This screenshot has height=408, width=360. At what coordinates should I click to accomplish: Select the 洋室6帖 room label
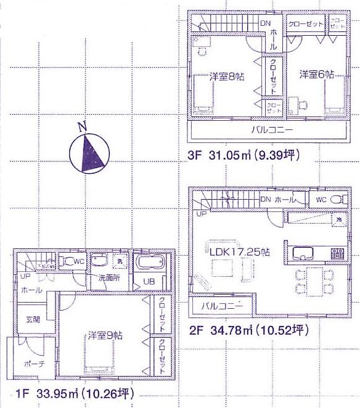(x=317, y=75)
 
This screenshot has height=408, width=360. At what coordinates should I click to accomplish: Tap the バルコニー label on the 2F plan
(x=220, y=306)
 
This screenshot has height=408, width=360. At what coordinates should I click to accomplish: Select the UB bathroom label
(x=150, y=281)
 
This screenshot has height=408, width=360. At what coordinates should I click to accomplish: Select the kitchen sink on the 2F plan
(x=304, y=253)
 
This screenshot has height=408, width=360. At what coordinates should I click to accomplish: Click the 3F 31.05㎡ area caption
(x=244, y=156)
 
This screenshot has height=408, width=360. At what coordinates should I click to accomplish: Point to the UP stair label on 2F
(x=201, y=214)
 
